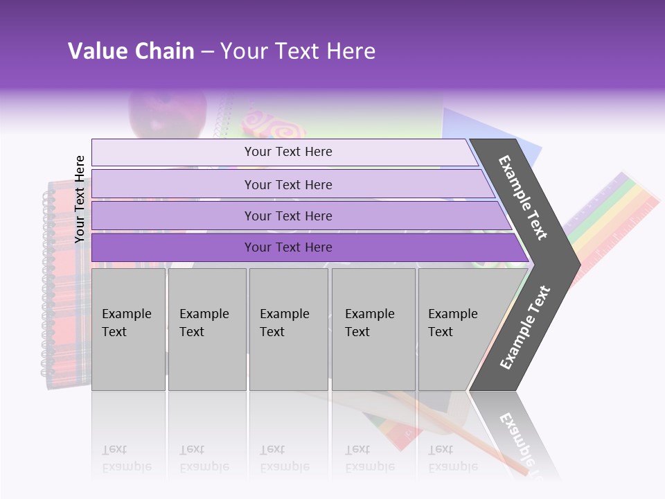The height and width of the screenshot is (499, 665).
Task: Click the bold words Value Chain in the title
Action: [x=131, y=51]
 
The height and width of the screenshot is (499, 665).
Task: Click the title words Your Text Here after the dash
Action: [x=298, y=51]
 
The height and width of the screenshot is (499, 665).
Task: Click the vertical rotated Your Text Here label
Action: [x=80, y=199]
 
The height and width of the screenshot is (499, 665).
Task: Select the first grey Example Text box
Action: [x=128, y=329]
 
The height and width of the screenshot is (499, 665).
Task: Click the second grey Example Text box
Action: [x=206, y=329]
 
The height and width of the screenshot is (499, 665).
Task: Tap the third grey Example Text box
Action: [x=288, y=329]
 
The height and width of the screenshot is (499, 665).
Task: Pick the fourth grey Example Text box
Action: [x=373, y=329]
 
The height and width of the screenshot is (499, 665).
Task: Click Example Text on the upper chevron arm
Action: [x=523, y=198]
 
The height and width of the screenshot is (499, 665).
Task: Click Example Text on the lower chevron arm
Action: [x=524, y=328]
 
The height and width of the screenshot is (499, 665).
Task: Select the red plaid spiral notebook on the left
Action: [x=66, y=277]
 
